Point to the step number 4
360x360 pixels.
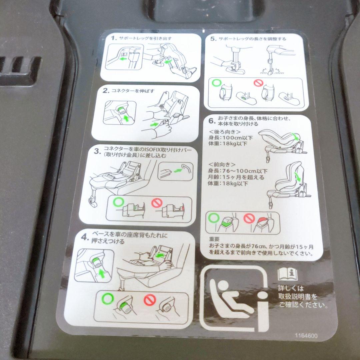(85, 237)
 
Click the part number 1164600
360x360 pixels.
(306, 336)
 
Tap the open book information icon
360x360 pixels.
(287, 274)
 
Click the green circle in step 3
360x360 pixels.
(118, 202)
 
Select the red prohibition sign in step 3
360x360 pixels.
(157, 203)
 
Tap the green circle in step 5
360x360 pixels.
(216, 83)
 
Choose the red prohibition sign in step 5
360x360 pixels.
(258, 83)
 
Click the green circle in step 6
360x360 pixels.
(214, 218)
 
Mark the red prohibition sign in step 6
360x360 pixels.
(249, 218)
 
